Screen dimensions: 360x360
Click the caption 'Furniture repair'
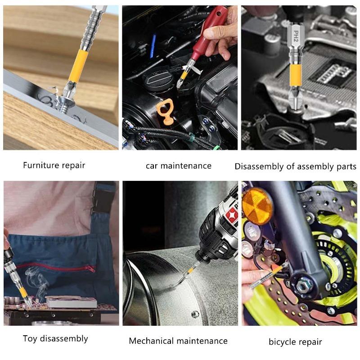click(x=54, y=165)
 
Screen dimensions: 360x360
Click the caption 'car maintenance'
click(x=178, y=166)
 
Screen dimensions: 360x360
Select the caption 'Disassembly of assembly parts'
click(x=295, y=166)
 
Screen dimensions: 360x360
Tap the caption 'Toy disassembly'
click(x=55, y=338)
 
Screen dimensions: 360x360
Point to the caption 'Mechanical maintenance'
click(x=178, y=341)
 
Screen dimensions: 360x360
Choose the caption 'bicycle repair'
click(x=295, y=342)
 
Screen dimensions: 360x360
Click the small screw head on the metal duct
click(x=194, y=314)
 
